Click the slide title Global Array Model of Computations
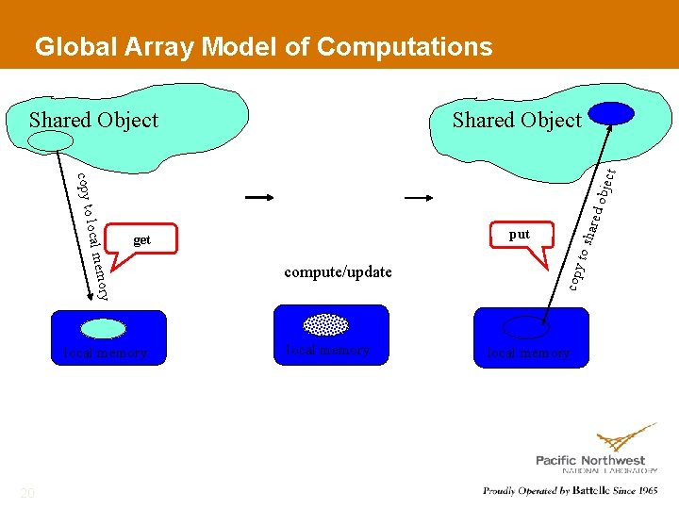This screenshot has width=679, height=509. pos(263,46)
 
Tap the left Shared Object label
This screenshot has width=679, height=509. pos(93,120)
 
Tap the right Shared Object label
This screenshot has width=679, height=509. pos(517,120)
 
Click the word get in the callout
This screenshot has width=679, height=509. pos(141,239)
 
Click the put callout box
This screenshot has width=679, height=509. pos(520,235)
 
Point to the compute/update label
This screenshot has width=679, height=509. pos(338,272)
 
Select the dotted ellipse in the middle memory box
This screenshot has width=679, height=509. pos(326,324)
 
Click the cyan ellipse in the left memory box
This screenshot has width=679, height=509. pos(103,328)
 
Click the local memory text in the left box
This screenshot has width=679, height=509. pos(105,353)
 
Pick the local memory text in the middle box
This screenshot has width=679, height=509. pos(327,350)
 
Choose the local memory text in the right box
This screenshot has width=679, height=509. pos(528,353)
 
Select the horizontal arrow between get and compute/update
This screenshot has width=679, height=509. pos(259,198)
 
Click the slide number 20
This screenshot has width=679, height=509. pos(27,493)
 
